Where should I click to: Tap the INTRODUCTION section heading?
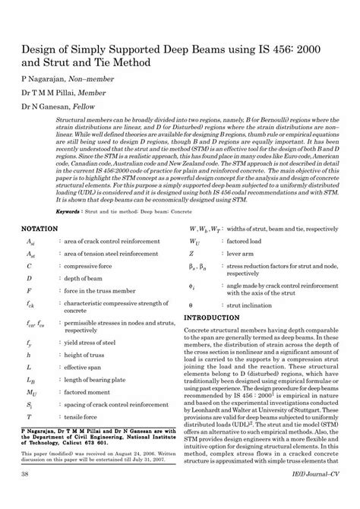[x=217, y=317]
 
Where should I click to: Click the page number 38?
[x=25, y=495]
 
